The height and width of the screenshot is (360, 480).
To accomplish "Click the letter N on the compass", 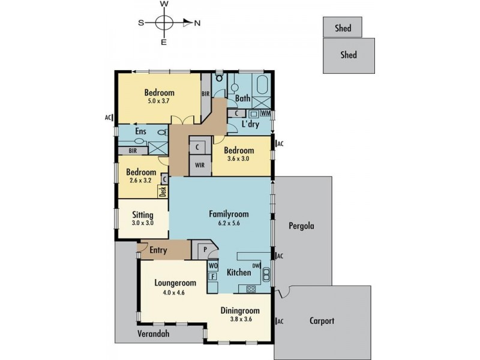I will [x=197, y=23].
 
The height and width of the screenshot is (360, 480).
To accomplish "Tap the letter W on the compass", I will [x=164, y=4].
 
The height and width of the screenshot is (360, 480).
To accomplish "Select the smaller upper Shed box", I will [x=343, y=28].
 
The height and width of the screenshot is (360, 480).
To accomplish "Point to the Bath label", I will [x=242, y=98].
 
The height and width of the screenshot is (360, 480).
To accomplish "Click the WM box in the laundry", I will [x=265, y=113].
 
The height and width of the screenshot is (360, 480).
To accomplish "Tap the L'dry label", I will [x=250, y=124].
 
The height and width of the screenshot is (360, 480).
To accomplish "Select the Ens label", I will [x=141, y=131].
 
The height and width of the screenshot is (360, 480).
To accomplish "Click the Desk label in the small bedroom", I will [x=162, y=191].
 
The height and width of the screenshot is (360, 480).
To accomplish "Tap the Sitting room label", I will [x=142, y=215].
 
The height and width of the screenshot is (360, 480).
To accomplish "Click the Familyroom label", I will [x=228, y=214].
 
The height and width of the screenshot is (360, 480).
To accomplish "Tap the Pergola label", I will [x=301, y=227].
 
